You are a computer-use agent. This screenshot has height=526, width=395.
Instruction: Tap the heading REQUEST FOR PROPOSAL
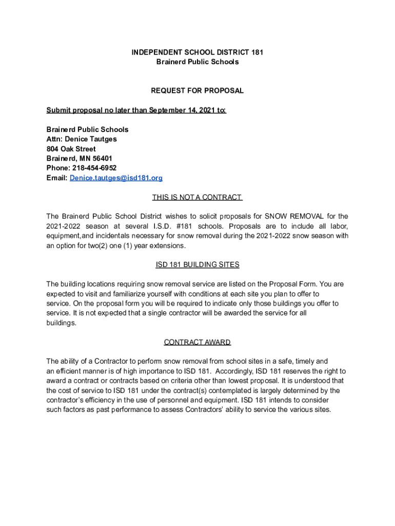(x=197, y=91)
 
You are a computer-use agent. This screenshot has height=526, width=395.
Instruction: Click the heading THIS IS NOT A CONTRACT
(x=197, y=197)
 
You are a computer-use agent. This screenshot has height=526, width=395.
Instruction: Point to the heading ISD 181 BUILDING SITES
(x=197, y=265)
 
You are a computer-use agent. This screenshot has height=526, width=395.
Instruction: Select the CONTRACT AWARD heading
(x=197, y=342)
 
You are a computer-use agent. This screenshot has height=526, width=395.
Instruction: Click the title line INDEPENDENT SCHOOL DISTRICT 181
(x=197, y=52)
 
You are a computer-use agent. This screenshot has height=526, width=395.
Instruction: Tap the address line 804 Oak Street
(x=71, y=149)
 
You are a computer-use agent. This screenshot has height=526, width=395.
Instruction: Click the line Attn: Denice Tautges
(x=82, y=139)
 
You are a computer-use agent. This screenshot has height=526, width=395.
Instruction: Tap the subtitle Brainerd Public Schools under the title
(x=197, y=62)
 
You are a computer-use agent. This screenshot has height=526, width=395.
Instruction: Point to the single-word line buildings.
(x=61, y=323)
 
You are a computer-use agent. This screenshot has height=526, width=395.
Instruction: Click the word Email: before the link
(x=57, y=178)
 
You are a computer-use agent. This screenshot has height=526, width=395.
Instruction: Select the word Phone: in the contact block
(x=58, y=168)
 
